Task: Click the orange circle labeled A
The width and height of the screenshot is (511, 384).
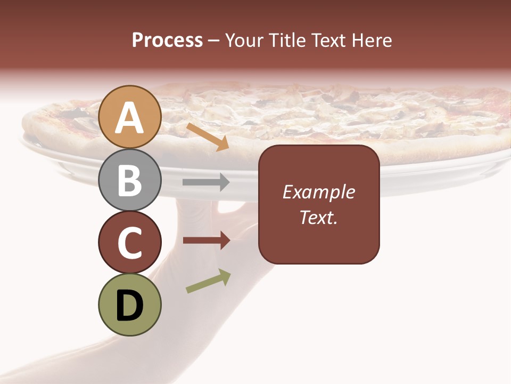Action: [x=130, y=117]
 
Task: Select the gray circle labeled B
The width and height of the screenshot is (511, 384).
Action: [x=130, y=180]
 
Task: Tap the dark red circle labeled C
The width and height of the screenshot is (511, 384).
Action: [x=130, y=242]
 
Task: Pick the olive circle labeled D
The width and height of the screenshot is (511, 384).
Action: [x=130, y=305]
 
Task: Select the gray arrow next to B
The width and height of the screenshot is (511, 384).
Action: [x=206, y=182]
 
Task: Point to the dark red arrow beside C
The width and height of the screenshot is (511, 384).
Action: [x=206, y=241]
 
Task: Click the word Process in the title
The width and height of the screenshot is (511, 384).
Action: [x=167, y=40]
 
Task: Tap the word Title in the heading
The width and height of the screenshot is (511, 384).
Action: [x=285, y=40]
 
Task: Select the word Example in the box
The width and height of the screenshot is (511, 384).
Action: [x=318, y=192]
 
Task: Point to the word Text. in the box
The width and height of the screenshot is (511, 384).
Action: [x=318, y=217]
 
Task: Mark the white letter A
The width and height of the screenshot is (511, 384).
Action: [x=130, y=118]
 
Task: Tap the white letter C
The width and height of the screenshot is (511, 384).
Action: [x=130, y=243]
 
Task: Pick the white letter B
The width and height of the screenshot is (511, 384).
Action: [x=130, y=181]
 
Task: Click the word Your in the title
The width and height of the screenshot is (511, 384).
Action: [x=243, y=40]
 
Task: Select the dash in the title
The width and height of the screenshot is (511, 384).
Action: [x=214, y=41]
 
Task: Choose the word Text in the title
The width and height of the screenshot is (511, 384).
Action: [x=328, y=40]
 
